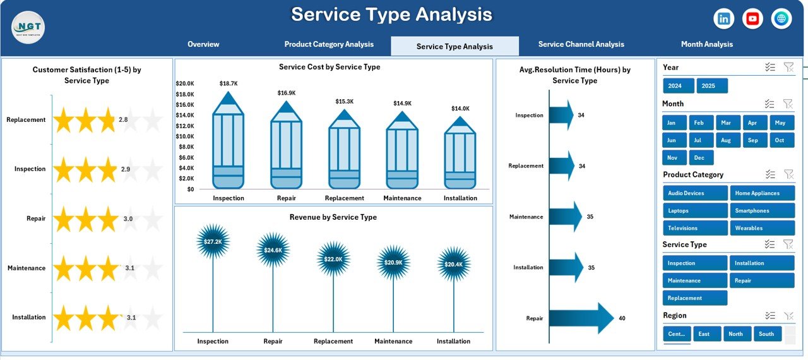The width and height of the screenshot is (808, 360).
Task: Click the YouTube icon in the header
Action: point(752,19)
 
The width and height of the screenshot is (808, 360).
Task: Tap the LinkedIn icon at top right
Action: point(724,19)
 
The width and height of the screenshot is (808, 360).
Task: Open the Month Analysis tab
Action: point(706,44)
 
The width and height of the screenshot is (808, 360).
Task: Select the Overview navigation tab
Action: point(203,44)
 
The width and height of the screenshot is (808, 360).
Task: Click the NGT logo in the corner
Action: point(28,28)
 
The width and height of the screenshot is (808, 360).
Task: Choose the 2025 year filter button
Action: point(712,86)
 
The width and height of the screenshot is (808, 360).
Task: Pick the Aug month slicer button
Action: point(726,140)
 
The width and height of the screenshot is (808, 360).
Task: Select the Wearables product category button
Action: point(762,228)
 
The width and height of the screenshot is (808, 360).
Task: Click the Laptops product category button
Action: point(695,210)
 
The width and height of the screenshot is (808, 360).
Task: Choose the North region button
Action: point(736,333)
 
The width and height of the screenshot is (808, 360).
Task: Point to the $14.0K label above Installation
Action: point(460,109)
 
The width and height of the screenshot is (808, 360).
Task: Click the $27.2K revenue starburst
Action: point(213,242)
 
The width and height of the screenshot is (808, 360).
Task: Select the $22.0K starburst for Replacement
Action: point(333,259)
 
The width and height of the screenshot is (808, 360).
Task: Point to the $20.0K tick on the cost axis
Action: point(185,83)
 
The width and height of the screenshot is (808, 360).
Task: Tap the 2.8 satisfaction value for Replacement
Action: point(123,120)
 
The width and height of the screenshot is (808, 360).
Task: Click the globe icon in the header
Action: point(781,19)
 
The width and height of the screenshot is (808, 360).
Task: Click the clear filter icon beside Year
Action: point(788,68)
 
